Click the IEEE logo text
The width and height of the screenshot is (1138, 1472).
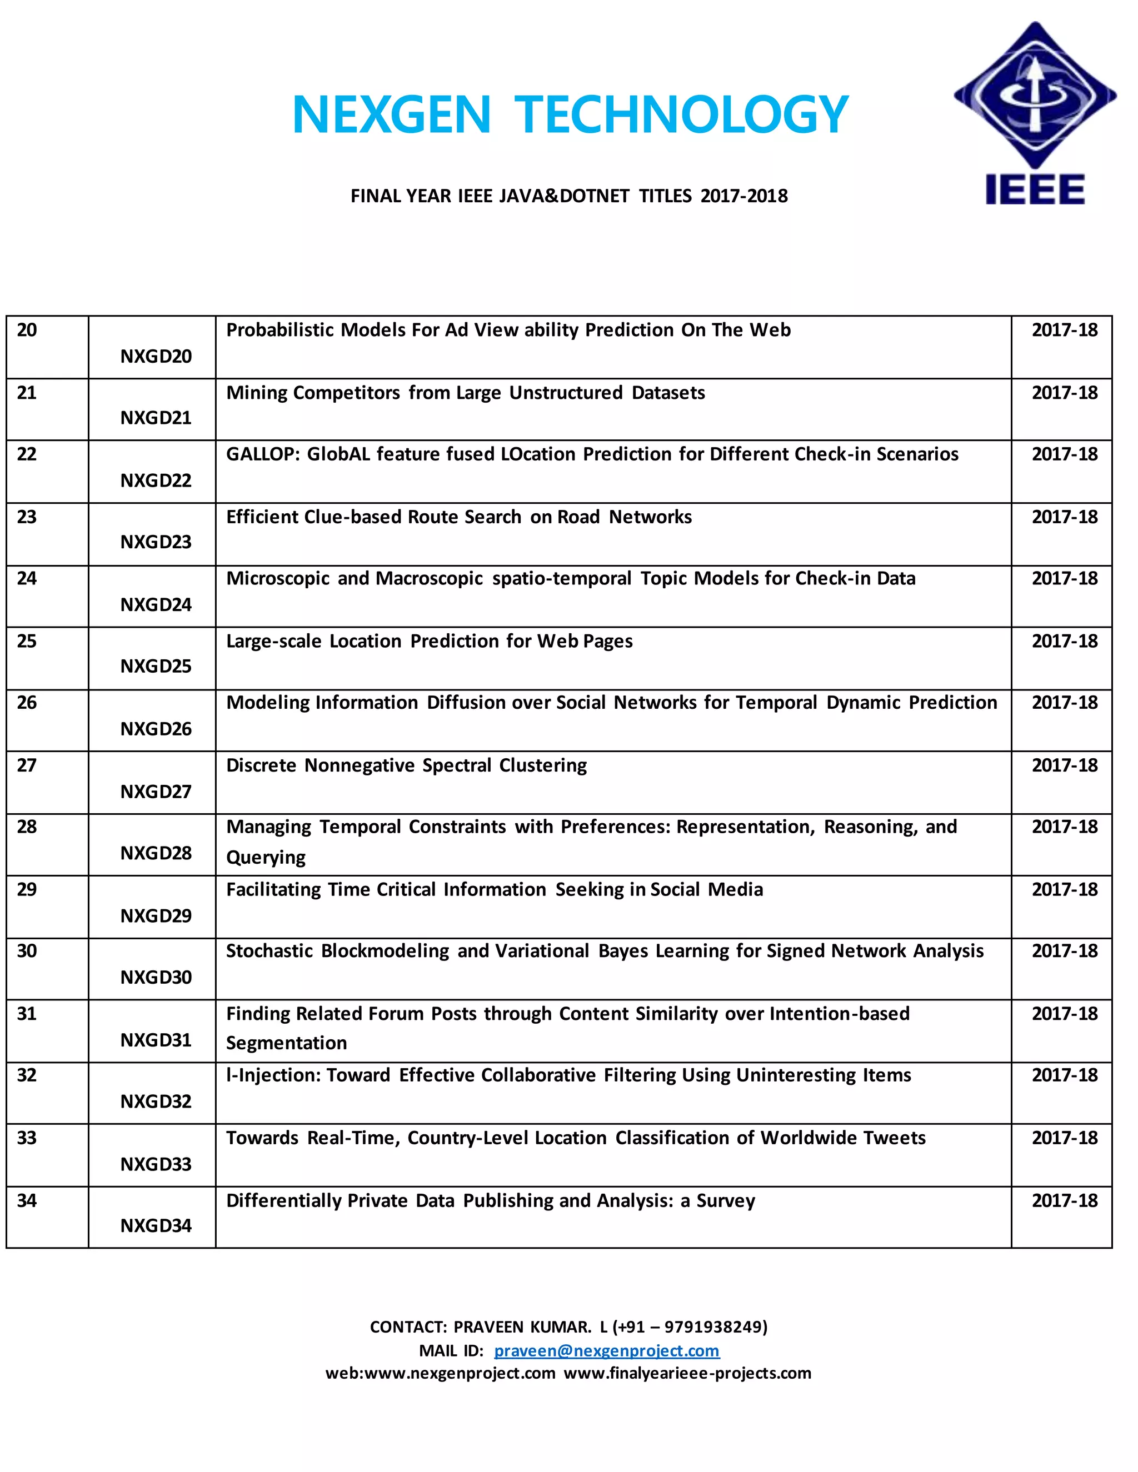pos(1034,189)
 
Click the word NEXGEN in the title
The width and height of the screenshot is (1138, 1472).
pos(391,114)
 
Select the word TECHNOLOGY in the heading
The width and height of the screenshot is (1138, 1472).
pos(681,114)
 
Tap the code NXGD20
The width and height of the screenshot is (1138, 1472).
pos(156,357)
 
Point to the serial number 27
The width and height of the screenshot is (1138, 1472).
pos(27,765)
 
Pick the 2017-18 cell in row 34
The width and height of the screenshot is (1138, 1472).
pos(1064,1200)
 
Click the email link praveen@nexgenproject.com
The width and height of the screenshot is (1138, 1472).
pos(606,1351)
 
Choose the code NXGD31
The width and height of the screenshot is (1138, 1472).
pos(156,1040)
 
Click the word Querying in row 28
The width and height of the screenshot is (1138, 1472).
pos(266,857)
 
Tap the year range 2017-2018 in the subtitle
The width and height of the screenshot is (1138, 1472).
pos(743,196)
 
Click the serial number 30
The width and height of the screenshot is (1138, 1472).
pos(27,951)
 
